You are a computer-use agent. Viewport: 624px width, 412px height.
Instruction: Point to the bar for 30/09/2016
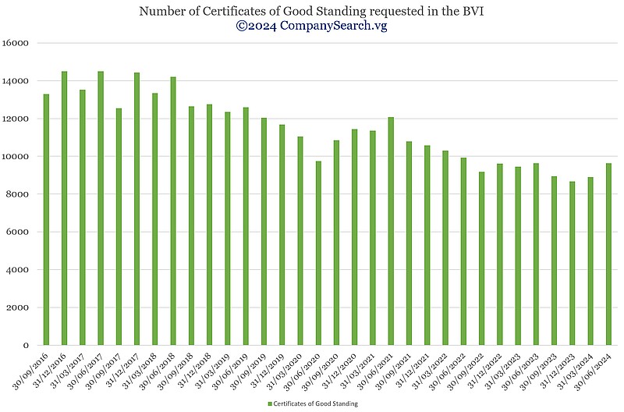tap(46, 219)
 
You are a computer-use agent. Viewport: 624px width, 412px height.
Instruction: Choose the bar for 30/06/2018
tap(173, 211)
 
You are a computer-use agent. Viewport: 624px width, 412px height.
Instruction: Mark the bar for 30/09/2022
tap(481, 258)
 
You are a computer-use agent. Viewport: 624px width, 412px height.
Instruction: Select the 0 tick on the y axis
tap(26, 345)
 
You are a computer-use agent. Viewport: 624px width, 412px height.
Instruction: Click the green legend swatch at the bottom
tap(269, 403)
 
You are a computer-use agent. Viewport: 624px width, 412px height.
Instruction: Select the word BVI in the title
tap(472, 11)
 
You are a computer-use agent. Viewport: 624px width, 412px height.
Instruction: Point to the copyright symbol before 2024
tap(242, 26)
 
